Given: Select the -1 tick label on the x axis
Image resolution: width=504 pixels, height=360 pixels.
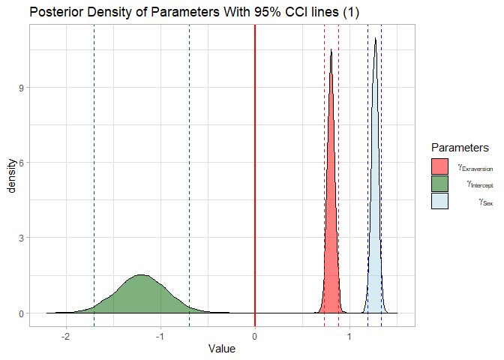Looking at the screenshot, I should point(160,334).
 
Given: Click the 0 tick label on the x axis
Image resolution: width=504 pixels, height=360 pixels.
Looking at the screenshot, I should point(255,334).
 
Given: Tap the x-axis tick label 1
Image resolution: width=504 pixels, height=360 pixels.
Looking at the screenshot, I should point(349,334).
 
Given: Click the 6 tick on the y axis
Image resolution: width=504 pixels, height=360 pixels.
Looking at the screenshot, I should point(21,163).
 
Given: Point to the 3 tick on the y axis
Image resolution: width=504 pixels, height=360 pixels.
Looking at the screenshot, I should point(21,238).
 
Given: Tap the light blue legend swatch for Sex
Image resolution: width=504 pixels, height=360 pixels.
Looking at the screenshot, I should point(439,201).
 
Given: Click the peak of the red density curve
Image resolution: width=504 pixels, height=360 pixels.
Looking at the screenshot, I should point(331,50).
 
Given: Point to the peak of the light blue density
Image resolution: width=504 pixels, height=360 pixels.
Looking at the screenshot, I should point(375,38).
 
